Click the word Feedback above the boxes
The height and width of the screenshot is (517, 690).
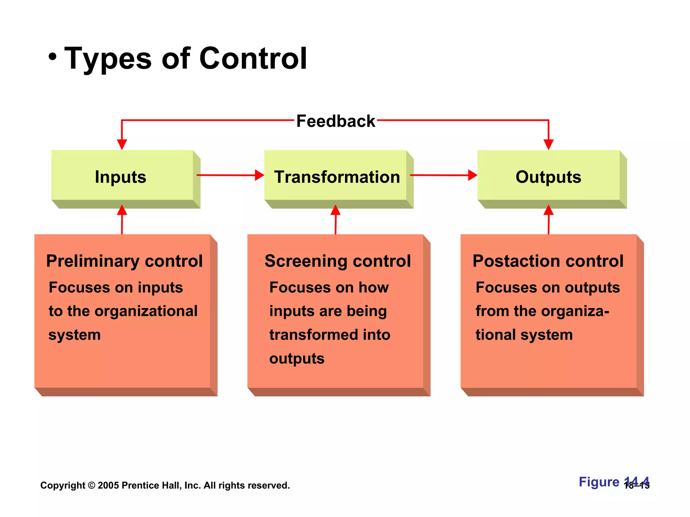click(336, 121)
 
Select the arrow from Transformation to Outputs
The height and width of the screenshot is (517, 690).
click(443, 175)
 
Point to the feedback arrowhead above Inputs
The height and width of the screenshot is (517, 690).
click(122, 144)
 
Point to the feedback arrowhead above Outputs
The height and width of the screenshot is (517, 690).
click(548, 144)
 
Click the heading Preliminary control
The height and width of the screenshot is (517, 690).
click(124, 261)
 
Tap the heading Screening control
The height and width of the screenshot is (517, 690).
click(338, 261)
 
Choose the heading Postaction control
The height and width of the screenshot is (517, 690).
click(548, 261)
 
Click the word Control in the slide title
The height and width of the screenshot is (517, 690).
click(253, 59)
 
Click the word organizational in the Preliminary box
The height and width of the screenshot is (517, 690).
click(146, 311)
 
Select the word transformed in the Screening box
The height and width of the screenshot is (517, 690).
click(313, 335)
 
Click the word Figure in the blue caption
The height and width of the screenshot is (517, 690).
click(599, 482)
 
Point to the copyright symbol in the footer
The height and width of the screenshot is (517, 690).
click(91, 485)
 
